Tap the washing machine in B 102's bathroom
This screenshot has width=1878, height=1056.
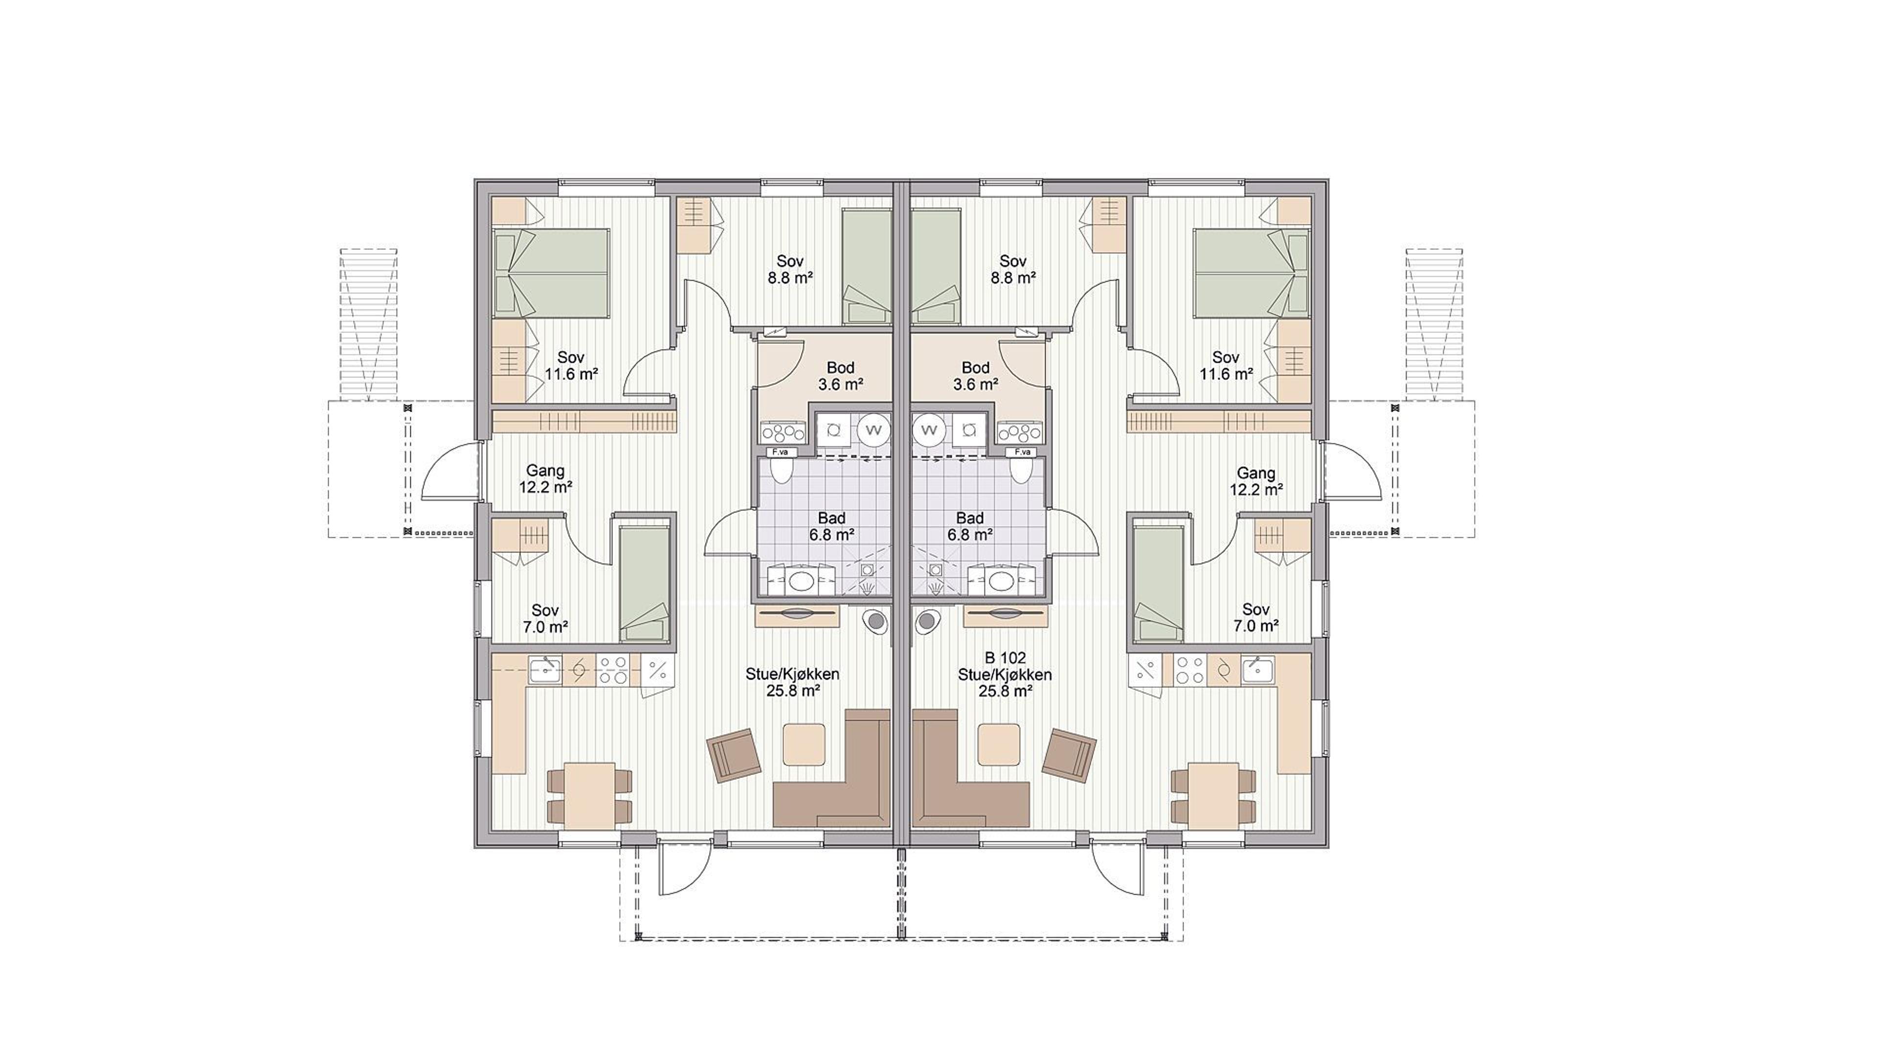point(929,430)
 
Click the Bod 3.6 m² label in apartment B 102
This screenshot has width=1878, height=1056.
point(976,376)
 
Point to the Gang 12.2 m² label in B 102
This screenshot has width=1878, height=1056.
point(1256,482)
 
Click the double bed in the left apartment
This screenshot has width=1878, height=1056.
point(551,274)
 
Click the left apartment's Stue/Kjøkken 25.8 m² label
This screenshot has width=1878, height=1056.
point(792,682)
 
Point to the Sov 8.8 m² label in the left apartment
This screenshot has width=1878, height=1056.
point(790,269)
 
